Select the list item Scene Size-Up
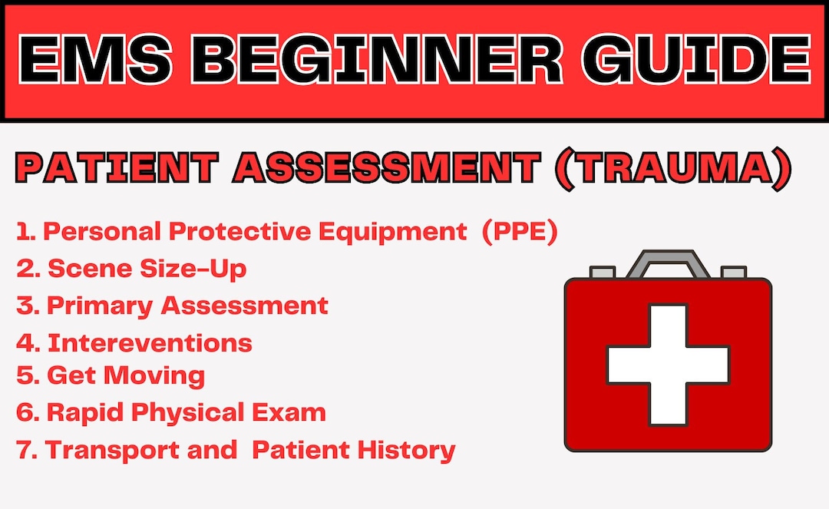coord(147,269)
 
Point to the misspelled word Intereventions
coord(150,342)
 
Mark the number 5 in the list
coord(25,375)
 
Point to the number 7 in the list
coord(25,450)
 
